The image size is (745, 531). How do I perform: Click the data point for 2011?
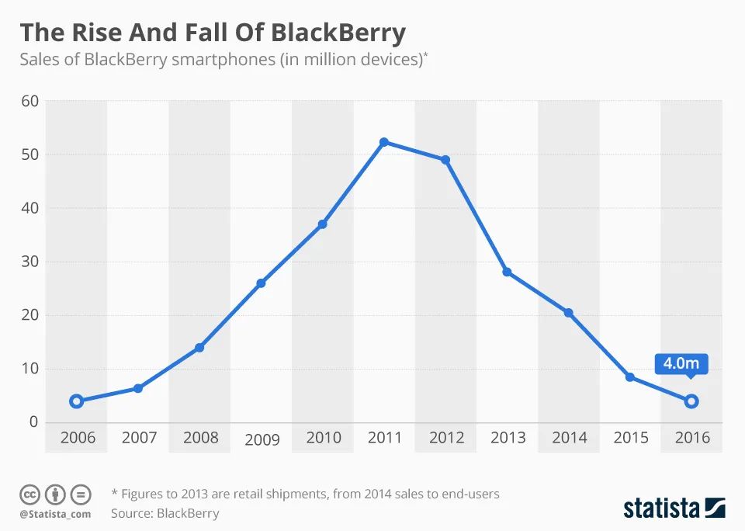point(383,142)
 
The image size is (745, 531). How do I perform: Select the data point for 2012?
point(445,160)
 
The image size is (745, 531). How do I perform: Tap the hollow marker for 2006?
point(76,401)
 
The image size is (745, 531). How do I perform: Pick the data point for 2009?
point(261,283)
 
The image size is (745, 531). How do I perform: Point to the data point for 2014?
point(569,313)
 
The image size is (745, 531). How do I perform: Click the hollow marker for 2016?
point(691,401)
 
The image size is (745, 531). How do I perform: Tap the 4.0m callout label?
point(681,363)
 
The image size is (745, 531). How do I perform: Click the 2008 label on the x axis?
point(200,438)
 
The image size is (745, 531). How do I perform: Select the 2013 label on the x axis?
point(508,438)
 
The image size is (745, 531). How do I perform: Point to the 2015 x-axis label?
point(630,438)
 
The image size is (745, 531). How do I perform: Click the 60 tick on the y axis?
point(29,101)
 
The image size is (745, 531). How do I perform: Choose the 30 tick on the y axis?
point(29,262)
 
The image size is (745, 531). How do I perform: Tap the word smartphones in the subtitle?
point(220,60)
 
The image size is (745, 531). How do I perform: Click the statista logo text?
point(661,508)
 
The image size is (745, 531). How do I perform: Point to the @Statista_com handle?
point(55,514)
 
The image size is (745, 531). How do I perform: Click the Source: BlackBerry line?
point(165,513)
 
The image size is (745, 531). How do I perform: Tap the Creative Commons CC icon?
point(30,494)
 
